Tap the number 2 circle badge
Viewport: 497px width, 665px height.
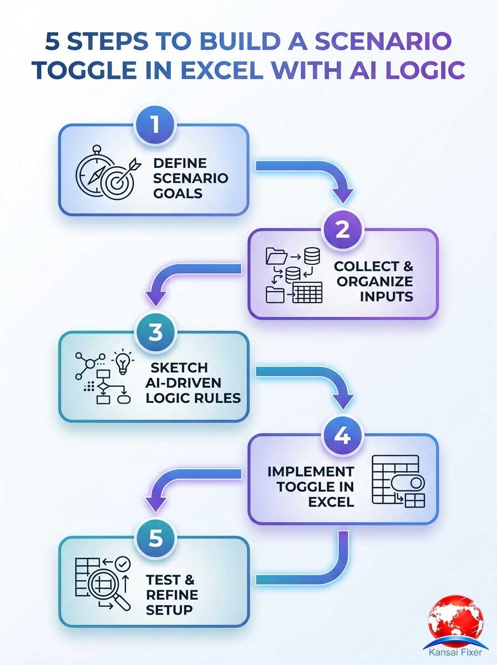(x=343, y=229)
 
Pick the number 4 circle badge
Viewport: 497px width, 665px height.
(x=343, y=436)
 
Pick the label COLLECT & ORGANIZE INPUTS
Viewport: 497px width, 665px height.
(x=373, y=281)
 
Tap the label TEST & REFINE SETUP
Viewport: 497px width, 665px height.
(x=171, y=595)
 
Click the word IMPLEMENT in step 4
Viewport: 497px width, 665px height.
(x=311, y=472)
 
